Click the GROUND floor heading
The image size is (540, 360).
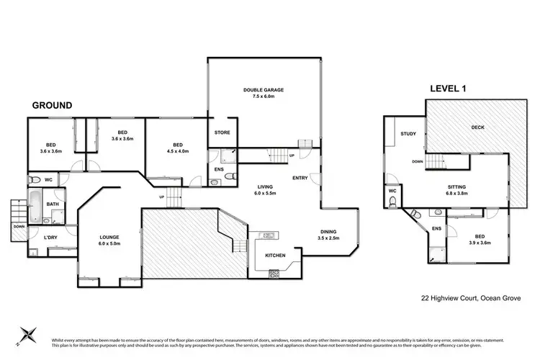[52, 105]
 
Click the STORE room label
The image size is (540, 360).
[222, 132]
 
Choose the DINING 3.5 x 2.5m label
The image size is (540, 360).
[333, 234]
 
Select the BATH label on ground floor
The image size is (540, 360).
[53, 204]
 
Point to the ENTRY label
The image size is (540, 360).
[300, 178]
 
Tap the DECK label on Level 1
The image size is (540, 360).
[478, 128]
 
